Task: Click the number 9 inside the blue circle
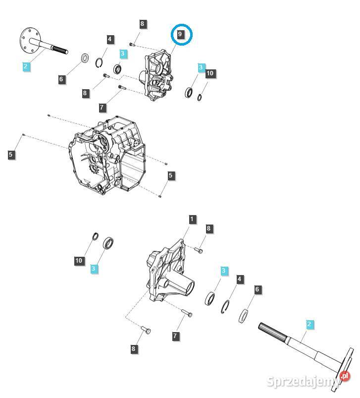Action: click(181, 35)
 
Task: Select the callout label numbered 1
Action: click(192, 219)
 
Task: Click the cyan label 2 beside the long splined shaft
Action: click(309, 325)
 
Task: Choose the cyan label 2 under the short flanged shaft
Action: click(26, 65)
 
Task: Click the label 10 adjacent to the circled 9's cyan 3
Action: click(210, 73)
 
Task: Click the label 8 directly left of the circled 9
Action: click(143, 24)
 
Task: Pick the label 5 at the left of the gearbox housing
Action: click(11, 155)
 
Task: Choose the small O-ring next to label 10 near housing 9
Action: click(199, 97)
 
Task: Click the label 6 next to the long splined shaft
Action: click(257, 289)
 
